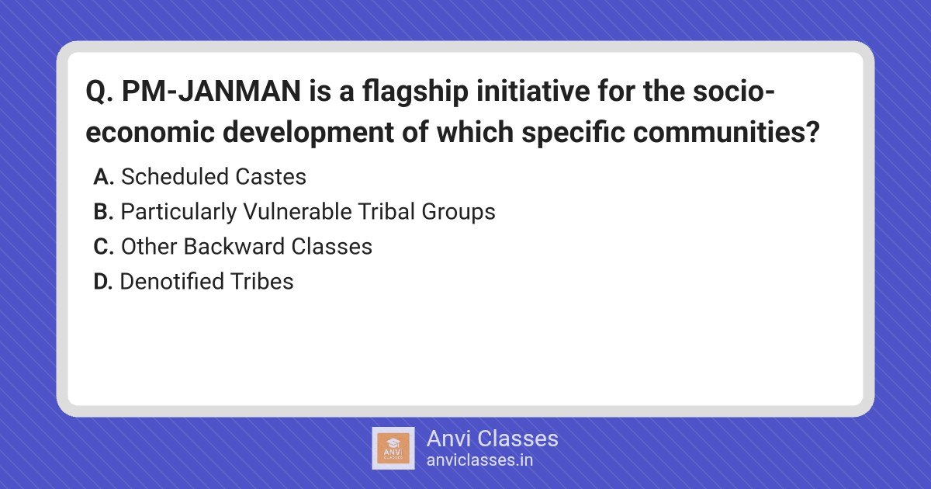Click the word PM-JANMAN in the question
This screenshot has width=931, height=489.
click(x=211, y=91)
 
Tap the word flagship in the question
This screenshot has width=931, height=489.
click(x=415, y=92)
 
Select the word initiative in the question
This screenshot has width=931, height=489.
click(x=533, y=91)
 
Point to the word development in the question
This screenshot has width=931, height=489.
click(x=308, y=133)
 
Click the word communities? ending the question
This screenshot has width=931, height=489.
click(x=726, y=132)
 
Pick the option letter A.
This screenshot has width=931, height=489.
click(x=103, y=177)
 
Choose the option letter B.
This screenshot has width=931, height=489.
click(x=103, y=212)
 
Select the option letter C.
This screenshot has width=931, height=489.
click(x=103, y=247)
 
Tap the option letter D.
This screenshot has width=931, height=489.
click(x=103, y=282)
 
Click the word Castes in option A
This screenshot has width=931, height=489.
click(x=271, y=177)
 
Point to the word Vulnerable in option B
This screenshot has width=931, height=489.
click(x=298, y=212)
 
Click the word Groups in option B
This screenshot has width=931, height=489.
click(x=459, y=213)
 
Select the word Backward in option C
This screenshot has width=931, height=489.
click(x=234, y=247)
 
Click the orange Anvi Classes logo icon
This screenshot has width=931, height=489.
click(x=393, y=449)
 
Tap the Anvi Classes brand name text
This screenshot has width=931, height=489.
click(x=492, y=439)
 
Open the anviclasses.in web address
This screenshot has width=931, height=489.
click(x=479, y=460)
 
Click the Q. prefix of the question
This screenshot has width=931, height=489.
click(x=99, y=92)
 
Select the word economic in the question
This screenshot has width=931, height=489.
click(x=150, y=133)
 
